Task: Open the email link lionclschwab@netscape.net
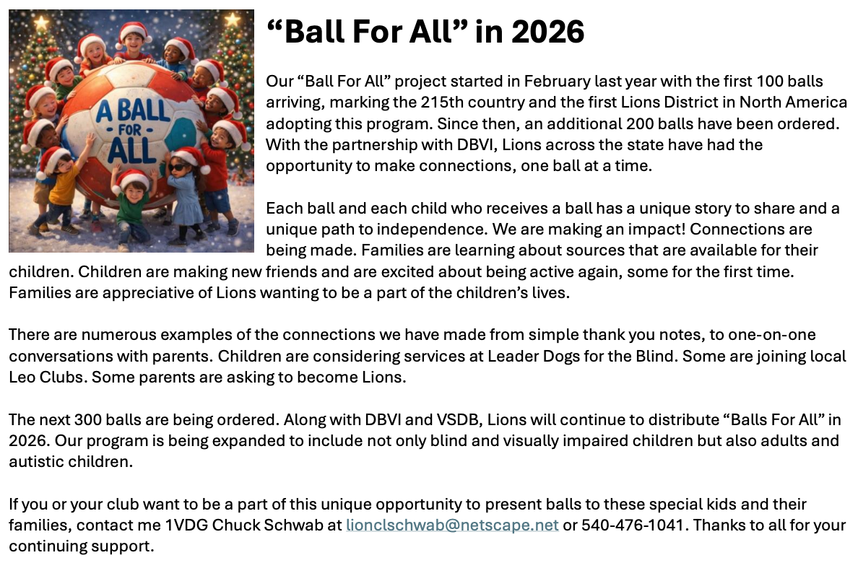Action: point(452,525)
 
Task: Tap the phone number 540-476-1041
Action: point(633,525)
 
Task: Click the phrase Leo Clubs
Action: point(47,377)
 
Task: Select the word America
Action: point(815,102)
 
